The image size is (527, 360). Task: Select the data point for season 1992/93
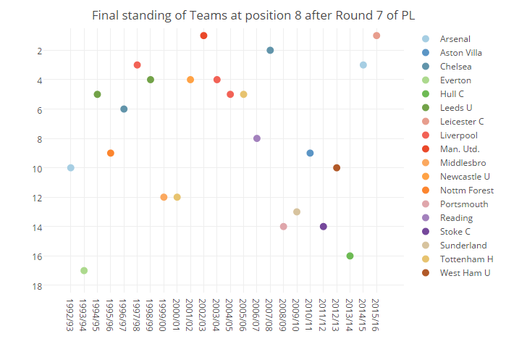(70, 168)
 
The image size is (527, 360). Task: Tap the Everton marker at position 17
(84, 271)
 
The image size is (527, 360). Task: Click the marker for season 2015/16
(376, 35)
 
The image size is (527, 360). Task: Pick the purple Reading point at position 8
(257, 138)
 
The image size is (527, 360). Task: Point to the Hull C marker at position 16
(350, 256)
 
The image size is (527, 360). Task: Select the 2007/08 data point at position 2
(270, 50)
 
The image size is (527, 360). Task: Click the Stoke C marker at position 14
(324, 227)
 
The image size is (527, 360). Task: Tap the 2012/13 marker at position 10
(337, 168)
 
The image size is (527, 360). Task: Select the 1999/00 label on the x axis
(164, 317)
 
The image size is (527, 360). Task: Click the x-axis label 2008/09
(284, 317)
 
